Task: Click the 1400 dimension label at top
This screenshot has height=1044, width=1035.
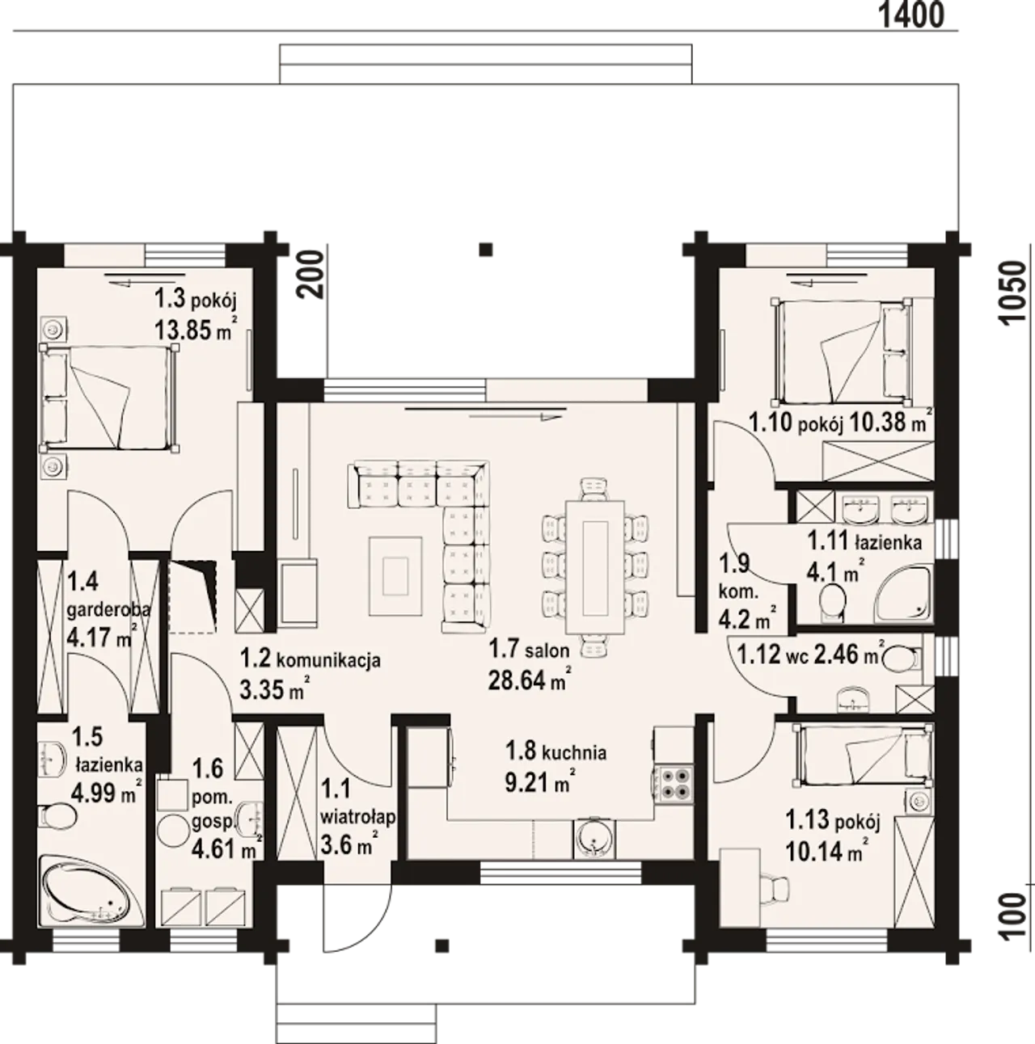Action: pyautogui.click(x=910, y=15)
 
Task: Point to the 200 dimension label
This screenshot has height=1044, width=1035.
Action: pyautogui.click(x=311, y=275)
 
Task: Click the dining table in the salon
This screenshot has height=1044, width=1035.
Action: pyautogui.click(x=595, y=566)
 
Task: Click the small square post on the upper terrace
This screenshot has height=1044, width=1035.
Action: pyautogui.click(x=486, y=250)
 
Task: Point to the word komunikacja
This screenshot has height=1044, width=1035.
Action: pyautogui.click(x=328, y=660)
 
